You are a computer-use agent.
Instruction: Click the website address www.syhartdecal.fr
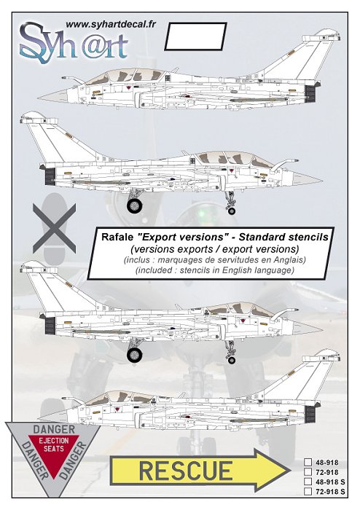(111, 24)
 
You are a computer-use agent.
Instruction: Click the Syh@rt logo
(74, 43)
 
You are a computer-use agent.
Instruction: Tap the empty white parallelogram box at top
(195, 36)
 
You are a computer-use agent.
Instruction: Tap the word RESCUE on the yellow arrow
(186, 471)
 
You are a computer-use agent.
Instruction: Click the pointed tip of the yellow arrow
(290, 471)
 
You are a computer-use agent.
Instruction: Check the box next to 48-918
(308, 463)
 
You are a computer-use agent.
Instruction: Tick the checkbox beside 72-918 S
(308, 491)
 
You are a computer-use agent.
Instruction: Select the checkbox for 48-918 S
(308, 482)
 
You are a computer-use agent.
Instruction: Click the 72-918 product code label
(326, 472)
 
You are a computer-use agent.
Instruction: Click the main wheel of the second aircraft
(134, 206)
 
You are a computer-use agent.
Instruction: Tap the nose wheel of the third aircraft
(232, 360)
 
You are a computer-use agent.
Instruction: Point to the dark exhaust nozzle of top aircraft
(310, 93)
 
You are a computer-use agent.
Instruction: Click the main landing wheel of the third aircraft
(134, 355)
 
